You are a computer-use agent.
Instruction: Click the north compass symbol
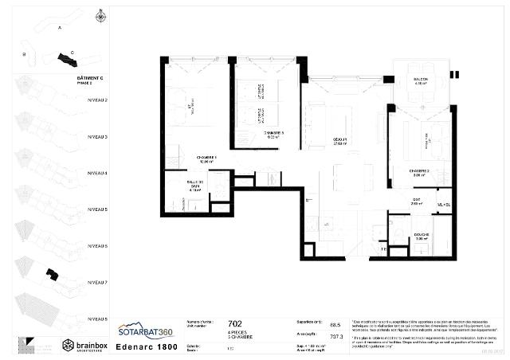point(100,15)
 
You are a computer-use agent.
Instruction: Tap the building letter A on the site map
point(60,26)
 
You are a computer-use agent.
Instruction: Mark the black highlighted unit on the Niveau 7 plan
point(52,274)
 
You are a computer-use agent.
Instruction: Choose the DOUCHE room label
point(422,235)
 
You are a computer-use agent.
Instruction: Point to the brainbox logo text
point(88,345)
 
